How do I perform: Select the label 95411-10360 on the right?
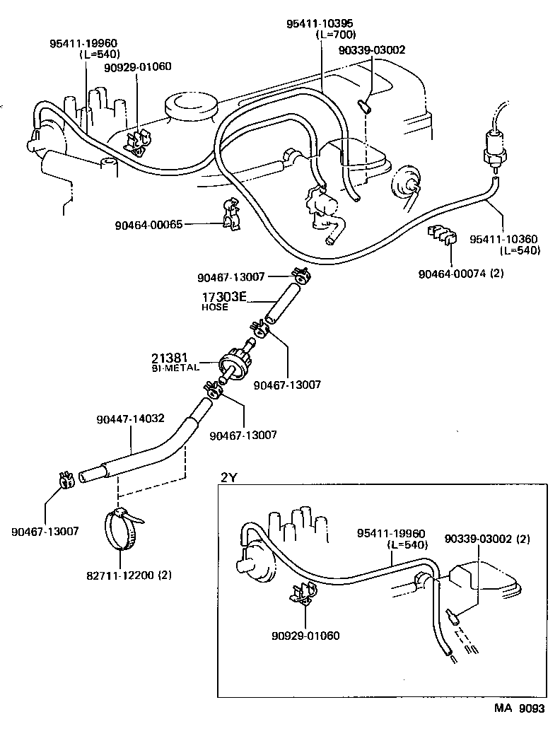tap(505, 240)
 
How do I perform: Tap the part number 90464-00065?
tap(148, 225)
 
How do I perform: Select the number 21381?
tap(168, 358)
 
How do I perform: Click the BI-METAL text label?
tap(175, 368)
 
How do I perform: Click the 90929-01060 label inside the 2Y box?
tap(305, 635)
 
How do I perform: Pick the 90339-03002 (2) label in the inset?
tap(487, 539)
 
